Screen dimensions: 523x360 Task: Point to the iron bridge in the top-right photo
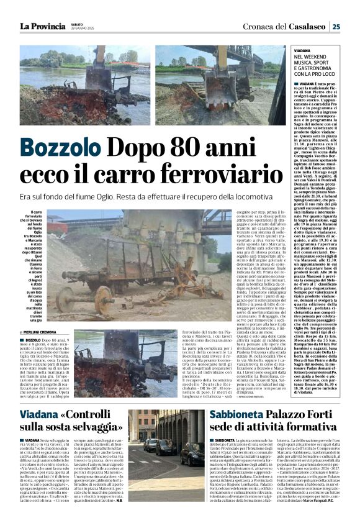pyautogui.click(x=248, y=59)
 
